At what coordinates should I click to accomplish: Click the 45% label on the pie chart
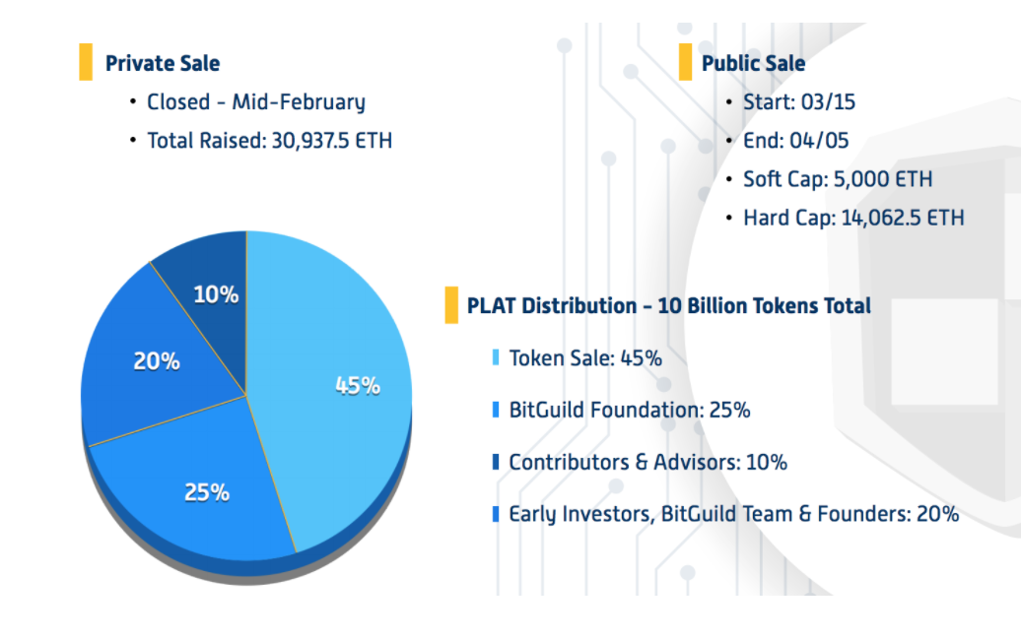click(358, 385)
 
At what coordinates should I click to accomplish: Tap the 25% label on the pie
click(207, 491)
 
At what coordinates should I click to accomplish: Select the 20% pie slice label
click(157, 361)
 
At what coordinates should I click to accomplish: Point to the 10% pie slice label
click(216, 293)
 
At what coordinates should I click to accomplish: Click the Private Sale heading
click(163, 63)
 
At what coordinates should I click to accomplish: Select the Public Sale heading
click(753, 63)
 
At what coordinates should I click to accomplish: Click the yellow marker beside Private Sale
click(86, 62)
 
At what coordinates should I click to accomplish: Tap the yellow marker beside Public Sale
click(685, 62)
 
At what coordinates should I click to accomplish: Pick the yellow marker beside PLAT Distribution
click(451, 305)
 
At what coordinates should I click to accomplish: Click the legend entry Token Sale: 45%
click(584, 357)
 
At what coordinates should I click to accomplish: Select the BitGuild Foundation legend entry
click(629, 410)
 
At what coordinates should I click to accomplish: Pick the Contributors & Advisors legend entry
click(647, 462)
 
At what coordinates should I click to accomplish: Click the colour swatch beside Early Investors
click(496, 514)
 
